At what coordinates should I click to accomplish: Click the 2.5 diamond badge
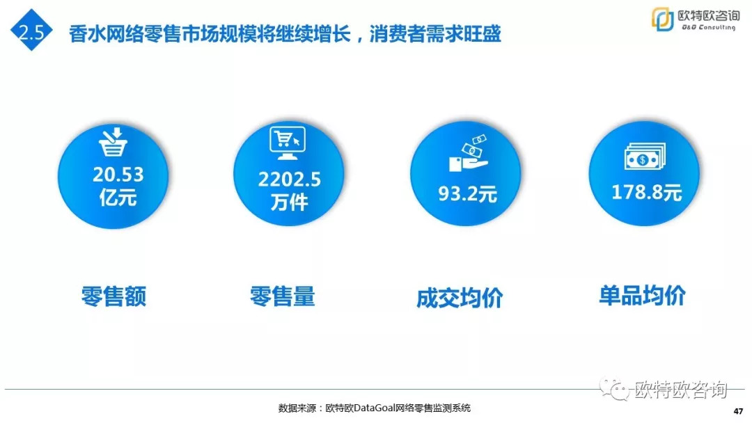pos(31,30)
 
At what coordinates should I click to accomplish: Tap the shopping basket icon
pos(113,142)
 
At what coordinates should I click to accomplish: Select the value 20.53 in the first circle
pos(118,175)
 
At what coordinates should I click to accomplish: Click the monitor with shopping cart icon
pos(288,143)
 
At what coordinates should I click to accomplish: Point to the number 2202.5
pos(289,179)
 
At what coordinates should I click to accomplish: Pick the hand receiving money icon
pos(469,153)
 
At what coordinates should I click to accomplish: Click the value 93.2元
pos(468,194)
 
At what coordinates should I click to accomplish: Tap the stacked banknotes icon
pos(645,157)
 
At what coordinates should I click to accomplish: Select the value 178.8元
pos(646,193)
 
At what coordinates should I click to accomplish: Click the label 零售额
pos(113,296)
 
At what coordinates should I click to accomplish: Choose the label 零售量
pos(283,296)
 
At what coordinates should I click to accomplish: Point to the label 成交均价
pos(460,298)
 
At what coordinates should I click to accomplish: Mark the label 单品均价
pos(642,296)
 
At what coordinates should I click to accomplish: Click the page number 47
pos(739,411)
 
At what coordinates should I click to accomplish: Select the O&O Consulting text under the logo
pos(708,27)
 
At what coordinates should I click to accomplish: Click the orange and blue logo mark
pos(662,19)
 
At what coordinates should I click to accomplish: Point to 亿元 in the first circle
pos(118,198)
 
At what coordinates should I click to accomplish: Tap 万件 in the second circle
pos(289,202)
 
